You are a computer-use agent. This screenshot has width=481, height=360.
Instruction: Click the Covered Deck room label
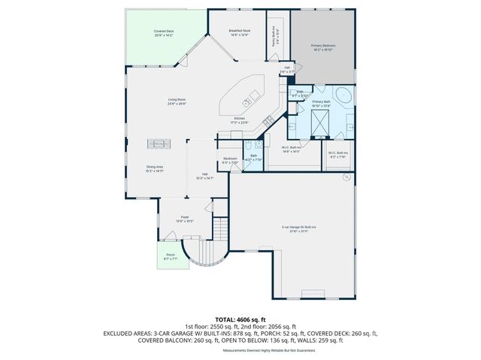tap(164, 33)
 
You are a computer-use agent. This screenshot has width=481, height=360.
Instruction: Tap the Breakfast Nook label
tap(239, 32)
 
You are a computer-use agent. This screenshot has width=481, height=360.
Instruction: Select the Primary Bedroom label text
tap(322, 47)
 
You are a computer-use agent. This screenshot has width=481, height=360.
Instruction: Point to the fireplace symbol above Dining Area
tap(159, 144)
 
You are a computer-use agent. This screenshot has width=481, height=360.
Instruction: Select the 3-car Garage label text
tap(299, 228)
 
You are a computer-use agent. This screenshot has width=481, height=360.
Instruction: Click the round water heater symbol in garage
tap(346, 177)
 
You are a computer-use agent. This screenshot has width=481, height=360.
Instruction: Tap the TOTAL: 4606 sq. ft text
tap(240, 319)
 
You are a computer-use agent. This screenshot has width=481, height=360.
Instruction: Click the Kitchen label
tap(239, 120)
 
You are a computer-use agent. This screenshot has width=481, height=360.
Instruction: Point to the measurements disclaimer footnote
tap(240, 351)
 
